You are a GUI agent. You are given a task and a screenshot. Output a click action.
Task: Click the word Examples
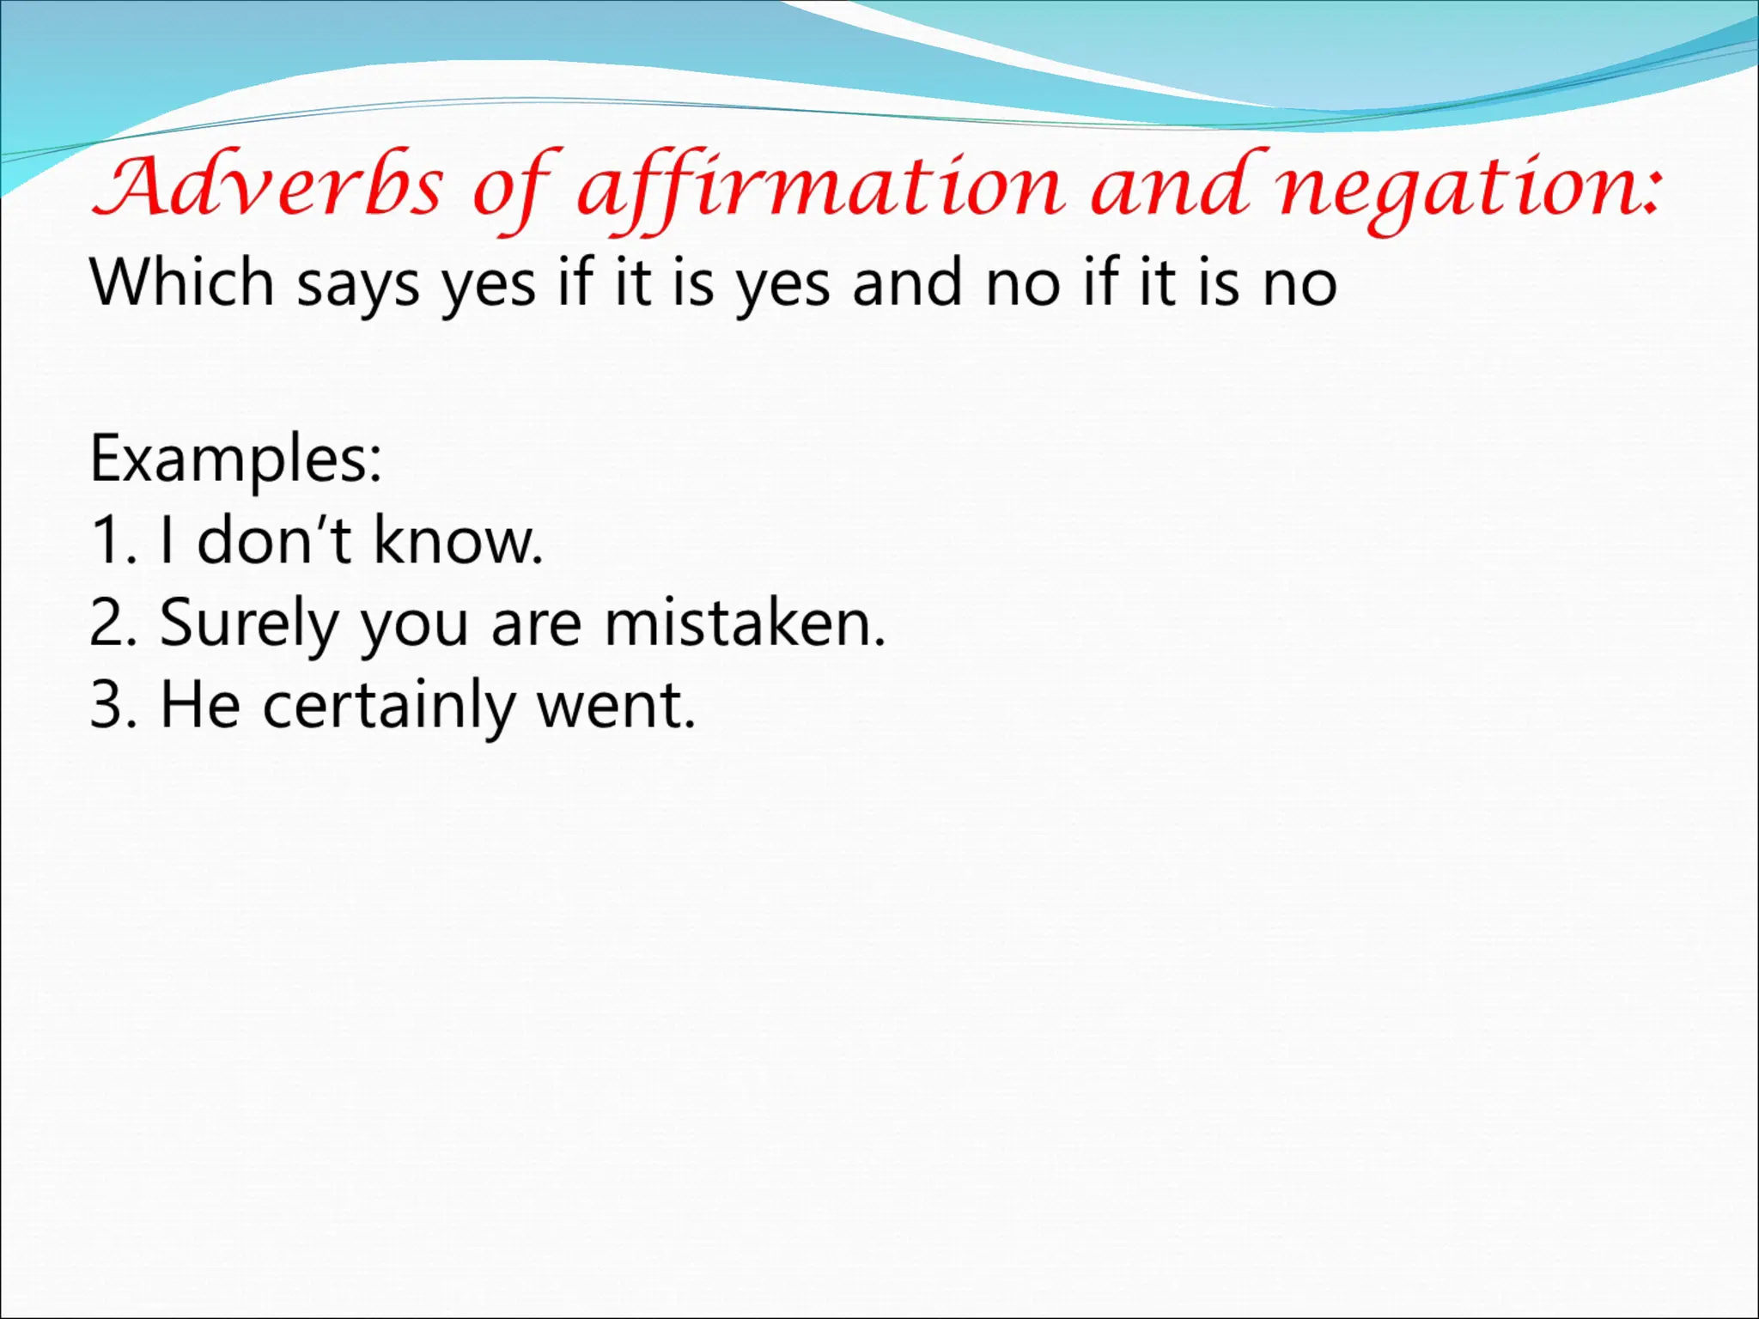(x=234, y=460)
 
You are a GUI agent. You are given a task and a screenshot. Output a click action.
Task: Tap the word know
(x=457, y=541)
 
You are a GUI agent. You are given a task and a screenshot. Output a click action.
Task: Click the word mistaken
(x=744, y=623)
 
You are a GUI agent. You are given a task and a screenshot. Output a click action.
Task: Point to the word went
(x=615, y=705)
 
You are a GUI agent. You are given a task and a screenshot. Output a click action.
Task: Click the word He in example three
(x=200, y=705)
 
